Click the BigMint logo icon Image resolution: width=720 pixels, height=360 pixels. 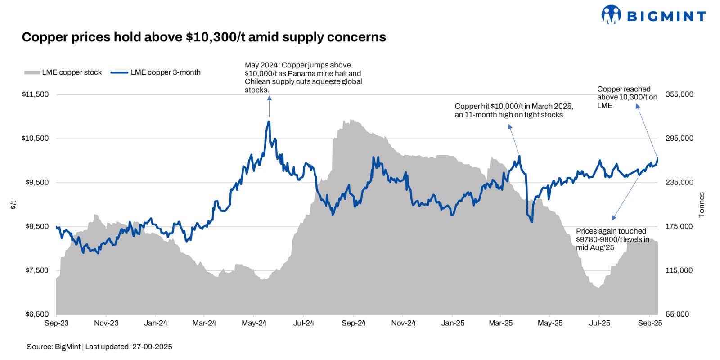point(611,14)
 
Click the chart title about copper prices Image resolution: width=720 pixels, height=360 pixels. point(204,37)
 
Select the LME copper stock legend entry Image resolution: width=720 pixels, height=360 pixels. point(63,72)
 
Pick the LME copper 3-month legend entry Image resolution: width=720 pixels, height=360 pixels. point(156,72)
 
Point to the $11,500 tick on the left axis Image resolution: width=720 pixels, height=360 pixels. point(35,94)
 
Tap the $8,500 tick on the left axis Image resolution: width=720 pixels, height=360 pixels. point(37,226)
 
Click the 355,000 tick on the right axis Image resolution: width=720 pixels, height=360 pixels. point(679,94)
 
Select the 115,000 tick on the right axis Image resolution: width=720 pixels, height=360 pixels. point(679,270)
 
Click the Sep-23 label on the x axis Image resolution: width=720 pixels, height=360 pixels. point(57,323)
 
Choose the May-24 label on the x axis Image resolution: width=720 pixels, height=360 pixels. point(254,323)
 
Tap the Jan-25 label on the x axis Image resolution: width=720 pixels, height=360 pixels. point(453,323)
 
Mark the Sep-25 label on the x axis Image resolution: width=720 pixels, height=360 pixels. point(650,323)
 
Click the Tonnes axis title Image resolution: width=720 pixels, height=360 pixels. point(701,205)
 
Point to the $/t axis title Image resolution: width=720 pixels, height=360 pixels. point(13,205)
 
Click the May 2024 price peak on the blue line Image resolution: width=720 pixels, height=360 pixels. point(269,121)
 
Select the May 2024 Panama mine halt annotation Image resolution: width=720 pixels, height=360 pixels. point(303,77)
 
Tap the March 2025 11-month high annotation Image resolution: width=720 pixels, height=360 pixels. point(514,110)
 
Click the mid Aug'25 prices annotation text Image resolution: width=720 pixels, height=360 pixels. point(612,239)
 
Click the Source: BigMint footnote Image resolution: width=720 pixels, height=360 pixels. point(99,346)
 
